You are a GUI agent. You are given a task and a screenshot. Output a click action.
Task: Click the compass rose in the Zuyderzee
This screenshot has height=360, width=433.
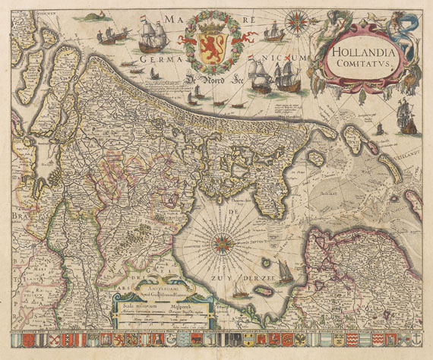[223, 244]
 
